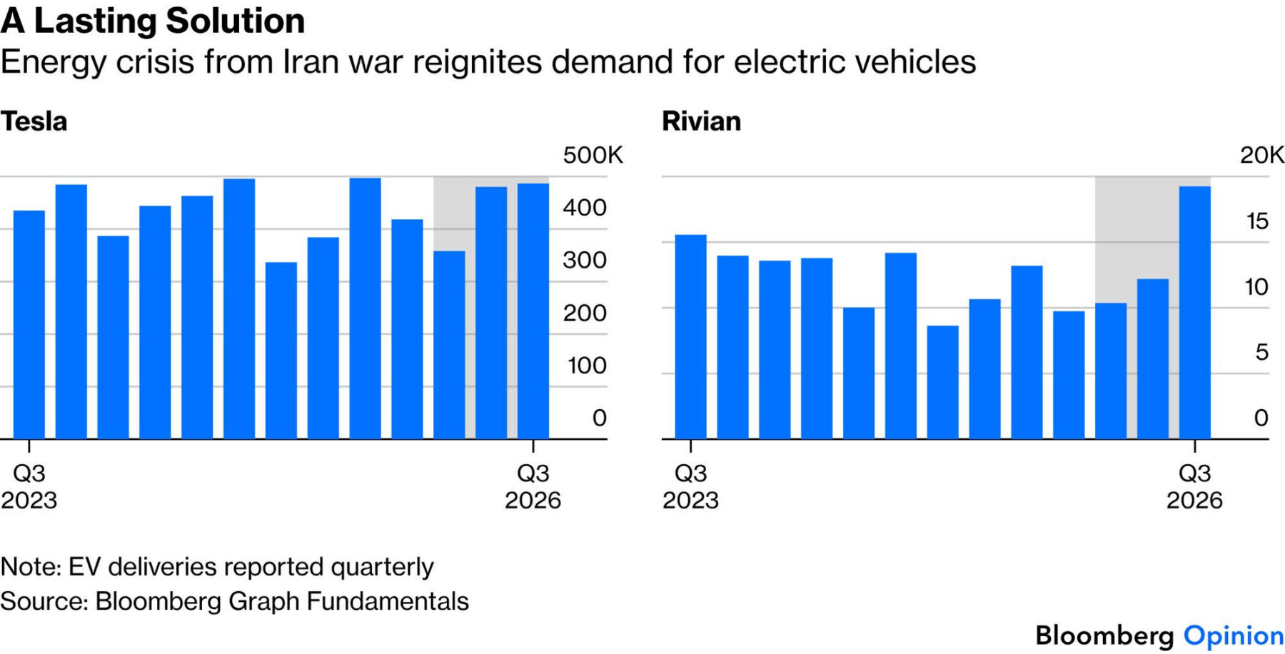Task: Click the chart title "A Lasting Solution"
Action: pos(153,20)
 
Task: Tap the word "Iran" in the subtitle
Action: pos(311,61)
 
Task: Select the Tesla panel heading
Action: pos(34,121)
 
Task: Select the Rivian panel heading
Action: pos(701,121)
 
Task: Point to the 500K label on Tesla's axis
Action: pos(593,155)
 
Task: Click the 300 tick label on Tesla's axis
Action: pos(585,260)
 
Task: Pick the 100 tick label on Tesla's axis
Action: pos(587,366)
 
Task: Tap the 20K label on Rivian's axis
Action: pos(1261,155)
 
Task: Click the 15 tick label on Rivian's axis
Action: pos(1257,221)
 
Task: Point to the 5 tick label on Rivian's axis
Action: pos(1262,352)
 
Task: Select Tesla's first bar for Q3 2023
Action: pos(29,325)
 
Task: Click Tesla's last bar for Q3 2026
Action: pos(533,311)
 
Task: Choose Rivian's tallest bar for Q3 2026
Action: pos(1195,313)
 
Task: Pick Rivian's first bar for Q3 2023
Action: pos(691,337)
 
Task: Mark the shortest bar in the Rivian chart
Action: pos(943,382)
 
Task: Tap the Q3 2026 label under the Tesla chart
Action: pos(533,486)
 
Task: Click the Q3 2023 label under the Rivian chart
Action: pos(690,486)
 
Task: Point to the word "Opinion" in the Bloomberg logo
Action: pos(1234,635)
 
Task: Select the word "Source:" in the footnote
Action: pos(44,601)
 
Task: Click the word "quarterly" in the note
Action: pos(382,568)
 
